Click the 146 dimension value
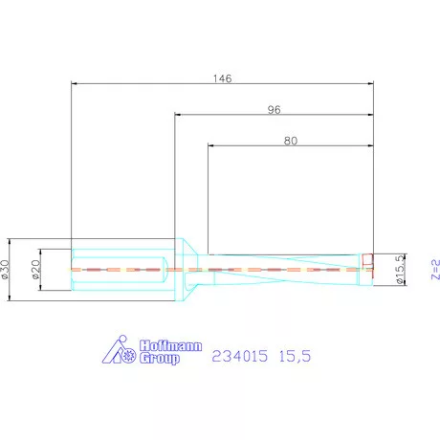[222, 77]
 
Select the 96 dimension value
[274, 109]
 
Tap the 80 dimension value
[291, 140]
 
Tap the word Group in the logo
[159, 359]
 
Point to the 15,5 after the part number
[295, 355]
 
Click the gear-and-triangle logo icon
[121, 352]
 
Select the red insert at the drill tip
[367, 260]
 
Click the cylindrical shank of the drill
[121, 269]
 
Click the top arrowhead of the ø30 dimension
[10, 240]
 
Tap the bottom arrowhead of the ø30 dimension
[10, 298]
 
